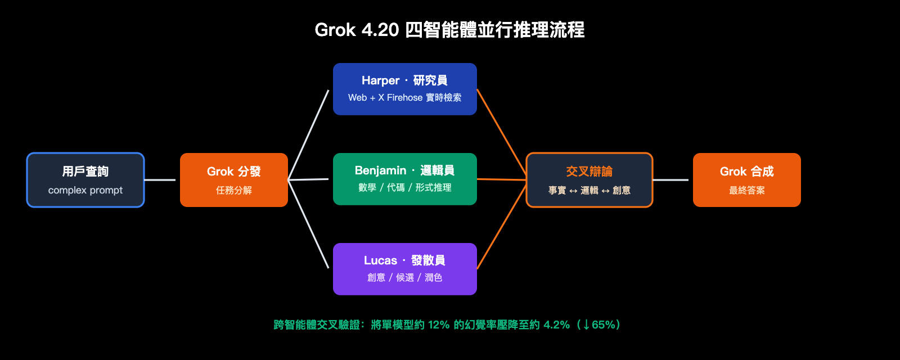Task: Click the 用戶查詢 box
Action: [x=85, y=180]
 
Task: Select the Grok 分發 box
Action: [x=234, y=180]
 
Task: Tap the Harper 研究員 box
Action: [x=405, y=89]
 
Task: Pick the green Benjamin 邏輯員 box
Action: [x=405, y=179]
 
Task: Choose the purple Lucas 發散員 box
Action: [x=405, y=269]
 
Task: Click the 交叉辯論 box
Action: [x=589, y=180]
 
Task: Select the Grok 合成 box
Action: [x=747, y=180]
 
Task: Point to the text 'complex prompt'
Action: [x=85, y=190]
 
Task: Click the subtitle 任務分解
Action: [x=234, y=190]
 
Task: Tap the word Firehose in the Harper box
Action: [x=404, y=98]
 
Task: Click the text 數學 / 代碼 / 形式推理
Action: [x=405, y=187]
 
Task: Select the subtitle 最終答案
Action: [x=747, y=190]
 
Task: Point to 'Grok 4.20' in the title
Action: [x=357, y=30]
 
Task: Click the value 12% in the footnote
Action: [x=439, y=325]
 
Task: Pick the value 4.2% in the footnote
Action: [x=556, y=325]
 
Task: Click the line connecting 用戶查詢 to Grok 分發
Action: [x=160, y=180]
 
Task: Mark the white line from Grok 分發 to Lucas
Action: [x=308, y=224]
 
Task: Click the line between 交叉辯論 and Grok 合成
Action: [x=670, y=180]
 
